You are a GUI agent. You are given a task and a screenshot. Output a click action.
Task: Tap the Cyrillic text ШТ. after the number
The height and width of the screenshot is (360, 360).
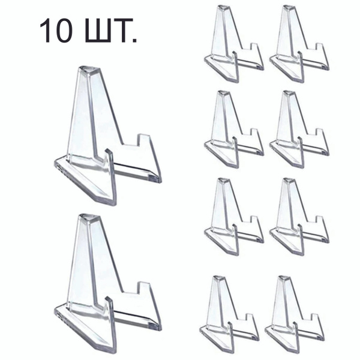[111, 31]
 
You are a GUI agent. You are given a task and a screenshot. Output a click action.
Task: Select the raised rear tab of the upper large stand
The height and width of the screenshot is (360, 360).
[144, 140]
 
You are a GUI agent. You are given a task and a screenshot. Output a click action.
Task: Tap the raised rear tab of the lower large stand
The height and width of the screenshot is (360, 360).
[144, 288]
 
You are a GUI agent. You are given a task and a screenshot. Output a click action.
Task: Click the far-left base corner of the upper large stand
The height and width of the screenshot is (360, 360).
[55, 162]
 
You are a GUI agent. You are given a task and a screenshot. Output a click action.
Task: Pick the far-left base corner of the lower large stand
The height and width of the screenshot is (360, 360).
[55, 310]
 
